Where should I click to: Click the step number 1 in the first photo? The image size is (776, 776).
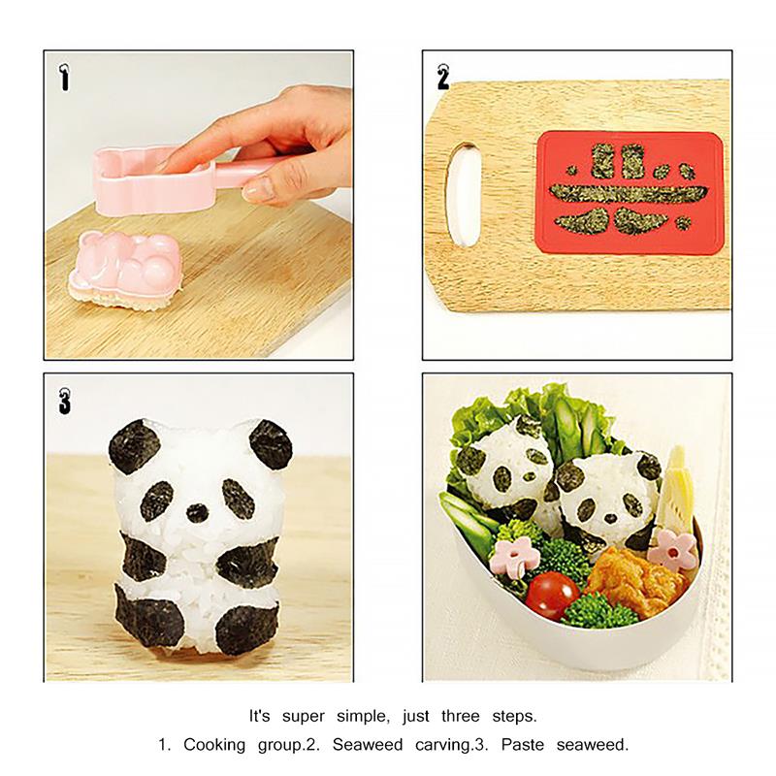tap(64, 77)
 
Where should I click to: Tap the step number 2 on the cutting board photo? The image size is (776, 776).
tap(443, 76)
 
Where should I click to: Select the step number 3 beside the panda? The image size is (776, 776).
tap(64, 399)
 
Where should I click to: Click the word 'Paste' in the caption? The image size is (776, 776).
tap(543, 747)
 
